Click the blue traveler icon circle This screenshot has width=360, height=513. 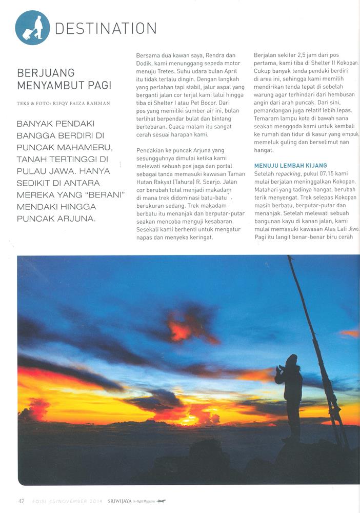tap(33, 28)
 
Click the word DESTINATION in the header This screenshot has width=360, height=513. tap(106, 29)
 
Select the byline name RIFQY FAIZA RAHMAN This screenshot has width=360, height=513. tap(87, 103)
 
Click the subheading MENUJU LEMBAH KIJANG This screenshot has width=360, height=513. tap(290, 165)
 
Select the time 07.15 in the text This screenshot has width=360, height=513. tap(333, 174)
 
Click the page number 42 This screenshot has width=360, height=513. tap(21, 501)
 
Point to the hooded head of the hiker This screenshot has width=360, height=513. tap(292, 360)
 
